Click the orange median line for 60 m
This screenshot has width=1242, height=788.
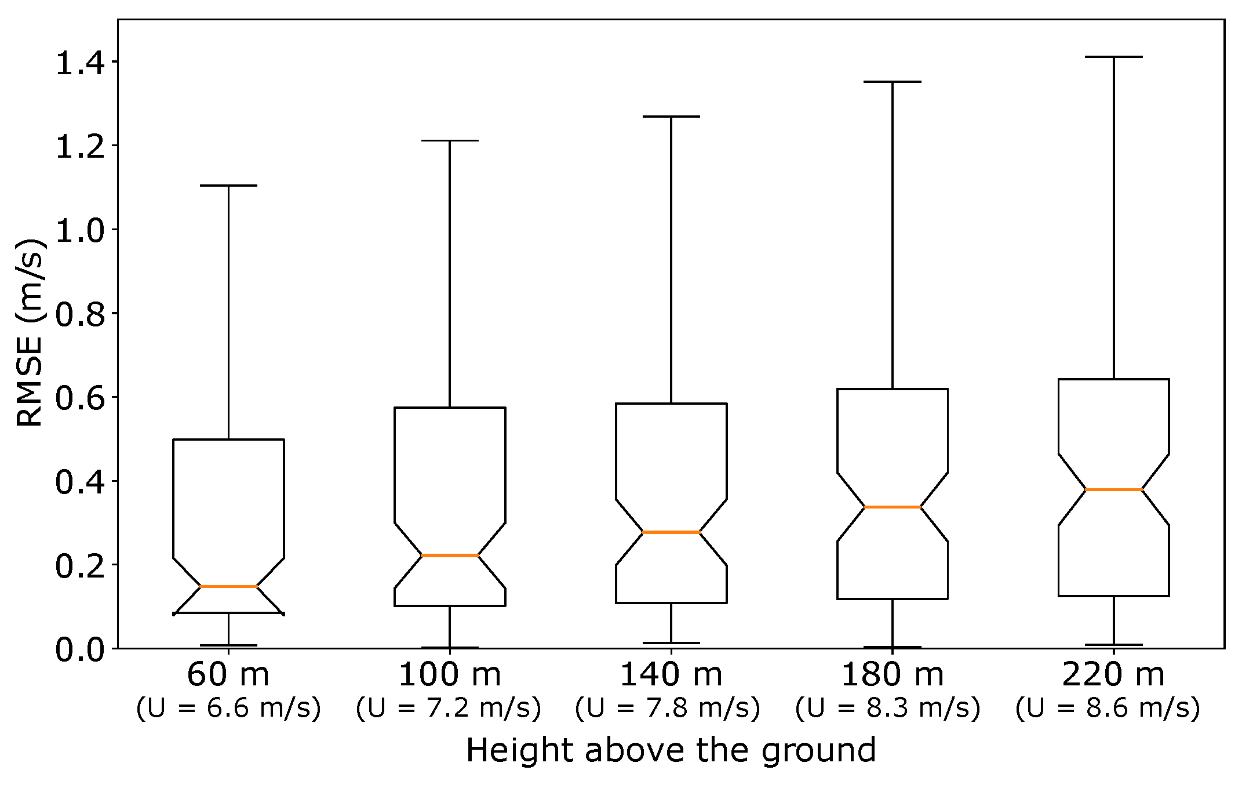228,587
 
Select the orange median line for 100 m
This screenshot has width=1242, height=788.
450,555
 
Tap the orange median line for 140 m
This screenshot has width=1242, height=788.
671,532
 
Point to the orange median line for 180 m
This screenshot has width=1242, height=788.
893,507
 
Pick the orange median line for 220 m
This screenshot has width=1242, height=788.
1114,489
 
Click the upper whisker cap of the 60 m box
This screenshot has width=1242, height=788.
228,186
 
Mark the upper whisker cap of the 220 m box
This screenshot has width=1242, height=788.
1114,57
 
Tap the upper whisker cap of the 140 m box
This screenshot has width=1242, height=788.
671,117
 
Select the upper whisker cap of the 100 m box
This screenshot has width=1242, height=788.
450,140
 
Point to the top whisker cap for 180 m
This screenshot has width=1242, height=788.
893,82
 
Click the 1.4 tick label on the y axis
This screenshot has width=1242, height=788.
80,63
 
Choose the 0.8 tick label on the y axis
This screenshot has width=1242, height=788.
80,314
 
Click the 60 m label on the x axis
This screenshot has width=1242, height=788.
228,674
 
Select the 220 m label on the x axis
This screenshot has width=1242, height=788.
1114,674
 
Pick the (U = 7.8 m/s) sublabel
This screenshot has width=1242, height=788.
668,708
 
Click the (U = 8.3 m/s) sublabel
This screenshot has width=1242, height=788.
888,708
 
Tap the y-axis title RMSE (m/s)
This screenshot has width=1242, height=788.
30,332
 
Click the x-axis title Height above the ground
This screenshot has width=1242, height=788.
671,750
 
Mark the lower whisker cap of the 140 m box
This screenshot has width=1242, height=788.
671,643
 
